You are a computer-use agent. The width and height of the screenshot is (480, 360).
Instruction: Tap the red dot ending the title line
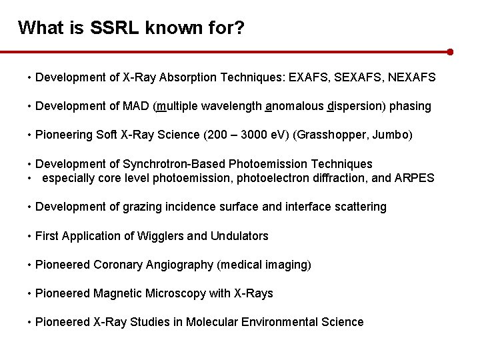pos(451,51)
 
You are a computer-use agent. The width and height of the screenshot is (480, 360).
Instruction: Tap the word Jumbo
pos(395,135)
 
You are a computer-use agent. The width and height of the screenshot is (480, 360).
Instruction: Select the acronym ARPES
pos(415,178)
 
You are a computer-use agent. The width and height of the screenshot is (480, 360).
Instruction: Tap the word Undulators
pos(239,236)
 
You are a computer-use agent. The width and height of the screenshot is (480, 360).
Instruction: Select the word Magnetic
pos(117,293)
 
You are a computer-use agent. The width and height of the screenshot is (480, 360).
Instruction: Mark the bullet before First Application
pos(30,236)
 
